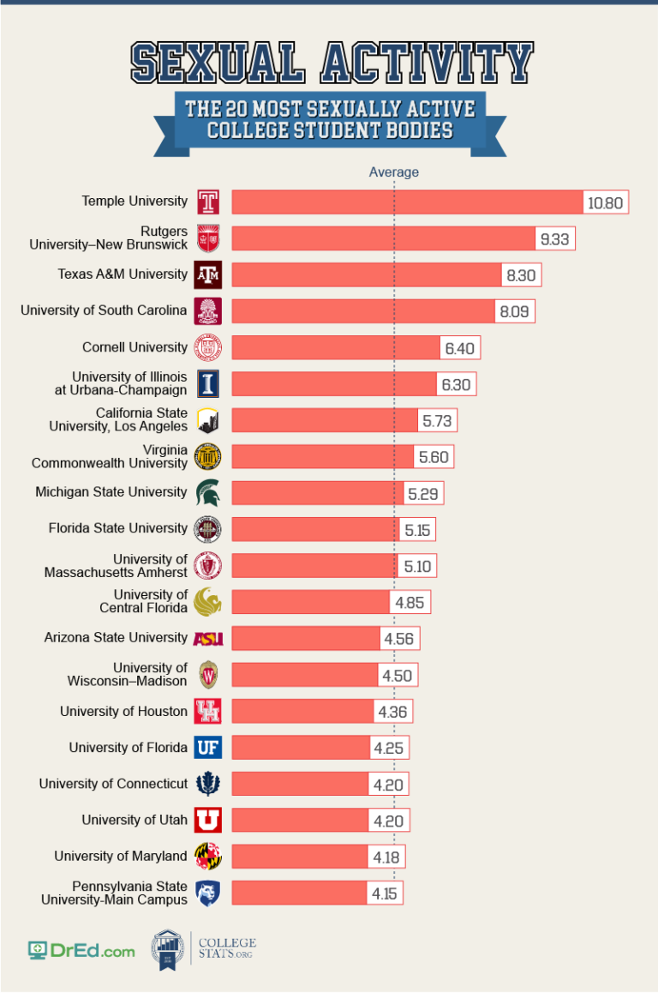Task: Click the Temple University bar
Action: coord(407,202)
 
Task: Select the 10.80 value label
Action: coord(607,203)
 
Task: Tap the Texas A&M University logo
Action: coord(208,274)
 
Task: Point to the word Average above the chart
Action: coord(394,172)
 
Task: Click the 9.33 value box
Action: coord(554,239)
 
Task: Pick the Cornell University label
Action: coord(135,347)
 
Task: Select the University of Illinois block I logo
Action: coord(208,383)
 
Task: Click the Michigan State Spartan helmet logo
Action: coord(208,492)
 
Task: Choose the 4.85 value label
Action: coord(410,602)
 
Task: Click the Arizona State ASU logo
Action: coord(208,638)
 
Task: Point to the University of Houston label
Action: coord(123,711)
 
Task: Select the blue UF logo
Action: coord(208,748)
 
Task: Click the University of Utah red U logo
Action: coord(208,821)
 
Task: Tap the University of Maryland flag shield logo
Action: coord(208,857)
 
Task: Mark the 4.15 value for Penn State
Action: coord(385,893)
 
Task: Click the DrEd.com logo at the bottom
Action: coord(81,950)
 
